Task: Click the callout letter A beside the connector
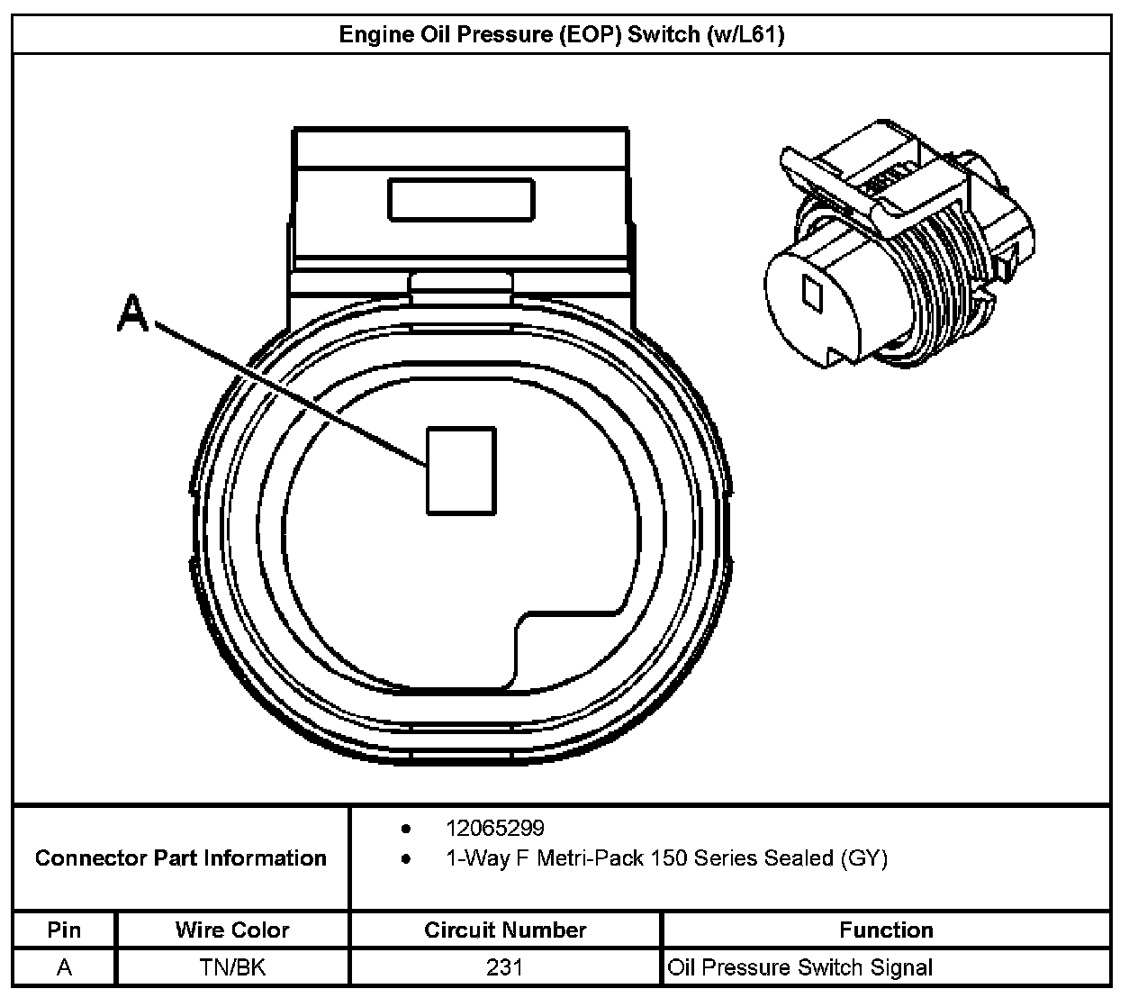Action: tap(132, 314)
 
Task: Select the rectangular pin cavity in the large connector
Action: tap(461, 470)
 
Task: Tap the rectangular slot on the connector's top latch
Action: tap(460, 199)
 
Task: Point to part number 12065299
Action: tap(494, 828)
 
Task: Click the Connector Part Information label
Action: tap(180, 857)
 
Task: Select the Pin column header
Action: tap(64, 930)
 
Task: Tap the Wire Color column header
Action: tap(232, 930)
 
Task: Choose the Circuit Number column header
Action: tap(505, 930)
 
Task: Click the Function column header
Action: tap(886, 930)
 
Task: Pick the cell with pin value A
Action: tap(64, 967)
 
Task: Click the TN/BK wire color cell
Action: tap(232, 967)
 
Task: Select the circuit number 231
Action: tap(505, 967)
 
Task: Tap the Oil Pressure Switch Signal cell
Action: tap(799, 967)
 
